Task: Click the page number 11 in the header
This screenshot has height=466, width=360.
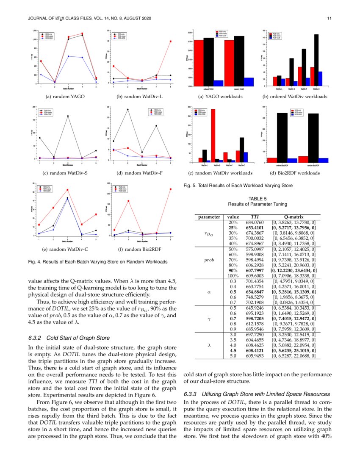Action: [329, 18]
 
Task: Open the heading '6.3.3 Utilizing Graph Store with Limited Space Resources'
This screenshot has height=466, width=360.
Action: [257, 394]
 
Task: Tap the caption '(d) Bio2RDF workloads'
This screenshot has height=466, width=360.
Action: [295, 173]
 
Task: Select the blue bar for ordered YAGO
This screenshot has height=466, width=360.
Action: [219, 83]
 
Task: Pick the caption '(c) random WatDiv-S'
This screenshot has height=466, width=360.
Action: [66, 173]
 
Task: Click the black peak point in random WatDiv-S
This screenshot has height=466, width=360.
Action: [68, 116]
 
